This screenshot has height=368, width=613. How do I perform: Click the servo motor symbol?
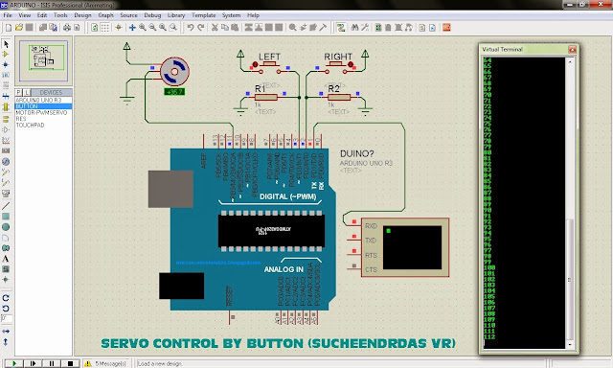coord(174,70)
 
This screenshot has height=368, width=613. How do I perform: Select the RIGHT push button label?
coord(337,57)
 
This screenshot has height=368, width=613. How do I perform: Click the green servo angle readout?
coord(175,92)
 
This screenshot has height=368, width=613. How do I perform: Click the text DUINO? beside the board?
coord(355,152)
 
